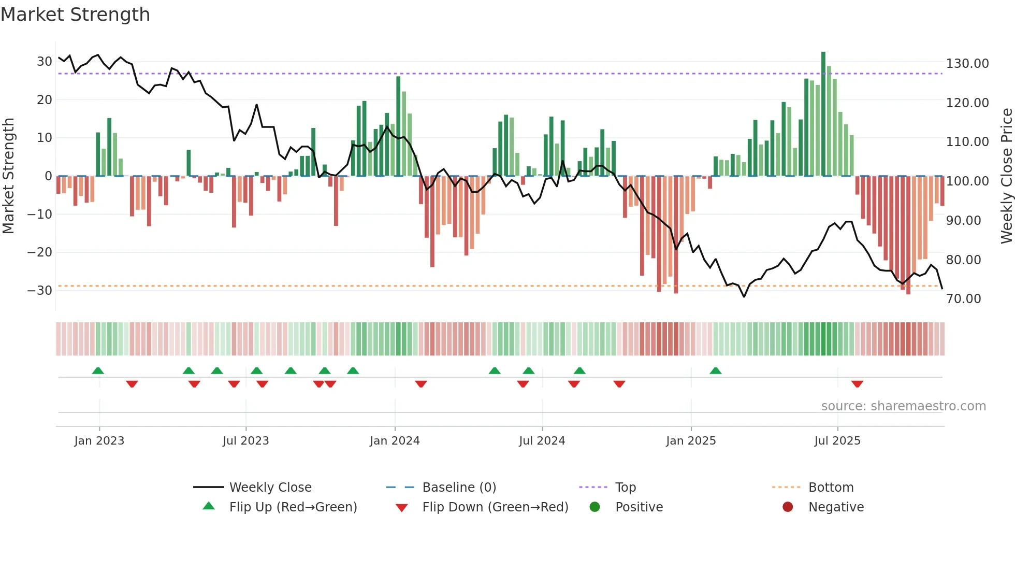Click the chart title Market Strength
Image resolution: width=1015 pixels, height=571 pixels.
pos(75,15)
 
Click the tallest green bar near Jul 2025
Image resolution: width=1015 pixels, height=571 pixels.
pos(823,114)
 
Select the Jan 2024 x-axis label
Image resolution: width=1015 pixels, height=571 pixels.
pos(395,441)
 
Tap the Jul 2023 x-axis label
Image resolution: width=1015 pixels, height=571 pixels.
pos(246,441)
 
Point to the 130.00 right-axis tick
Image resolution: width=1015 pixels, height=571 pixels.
pos(967,64)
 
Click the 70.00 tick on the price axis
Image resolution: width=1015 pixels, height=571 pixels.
pos(963,299)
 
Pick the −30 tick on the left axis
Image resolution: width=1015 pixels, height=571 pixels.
pos(40,290)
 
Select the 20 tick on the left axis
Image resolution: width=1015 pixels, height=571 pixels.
pos(44,99)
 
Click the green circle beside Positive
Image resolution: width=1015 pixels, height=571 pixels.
pos(594,507)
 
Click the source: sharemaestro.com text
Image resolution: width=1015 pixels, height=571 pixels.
pos(903,406)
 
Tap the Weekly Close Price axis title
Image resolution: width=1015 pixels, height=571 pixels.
pos(1006,176)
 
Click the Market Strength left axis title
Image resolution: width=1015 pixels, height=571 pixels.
pos(9,176)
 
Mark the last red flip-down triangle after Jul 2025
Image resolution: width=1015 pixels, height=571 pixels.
pos(857,384)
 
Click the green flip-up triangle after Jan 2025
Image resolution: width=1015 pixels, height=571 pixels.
pos(715,370)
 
